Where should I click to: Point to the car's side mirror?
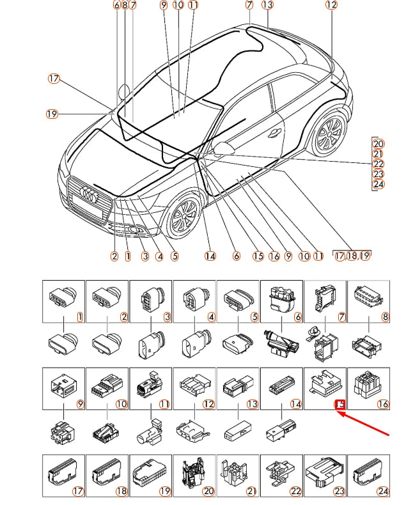click(224, 148)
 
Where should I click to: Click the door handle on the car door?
click(275, 132)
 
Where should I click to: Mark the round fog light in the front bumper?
click(135, 231)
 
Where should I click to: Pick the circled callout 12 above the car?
click(331, 5)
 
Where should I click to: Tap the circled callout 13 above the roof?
click(267, 5)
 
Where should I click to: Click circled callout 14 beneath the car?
click(210, 256)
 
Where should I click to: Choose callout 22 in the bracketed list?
click(378, 164)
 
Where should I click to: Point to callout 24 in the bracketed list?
click(378, 185)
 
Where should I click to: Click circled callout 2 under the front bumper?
click(114, 256)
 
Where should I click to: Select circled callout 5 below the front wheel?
click(174, 256)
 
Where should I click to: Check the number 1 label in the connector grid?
click(80, 316)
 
